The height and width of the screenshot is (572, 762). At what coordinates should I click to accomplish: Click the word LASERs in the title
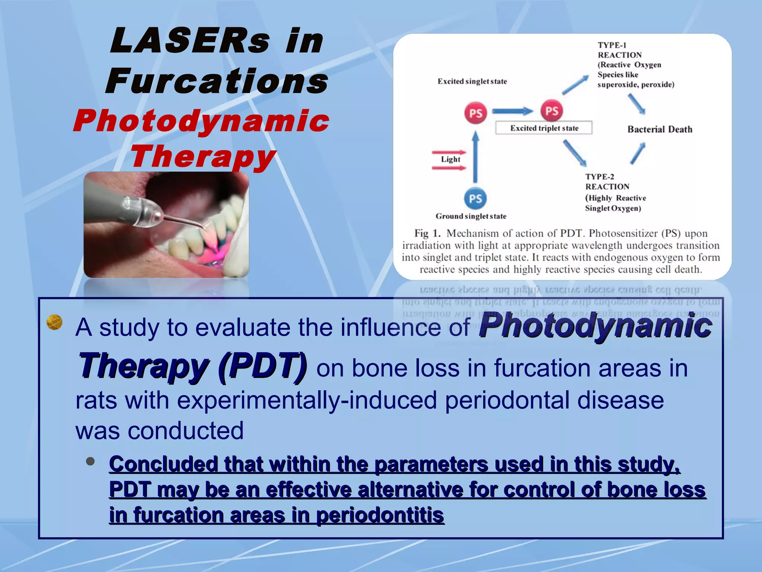click(x=190, y=41)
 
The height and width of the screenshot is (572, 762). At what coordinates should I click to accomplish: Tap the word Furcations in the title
click(x=217, y=81)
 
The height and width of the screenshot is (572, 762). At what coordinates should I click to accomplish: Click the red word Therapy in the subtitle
click(x=203, y=156)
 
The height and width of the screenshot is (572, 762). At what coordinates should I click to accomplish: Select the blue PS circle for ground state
click(x=475, y=198)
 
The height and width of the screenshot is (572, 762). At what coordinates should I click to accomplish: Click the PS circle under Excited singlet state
click(x=476, y=113)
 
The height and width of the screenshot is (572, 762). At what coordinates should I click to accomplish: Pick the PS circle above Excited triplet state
click(x=552, y=111)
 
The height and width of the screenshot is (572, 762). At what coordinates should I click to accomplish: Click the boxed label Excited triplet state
click(x=544, y=128)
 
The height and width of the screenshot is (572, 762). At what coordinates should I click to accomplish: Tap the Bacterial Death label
click(x=660, y=129)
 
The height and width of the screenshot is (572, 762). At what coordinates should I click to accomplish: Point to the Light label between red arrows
click(x=450, y=159)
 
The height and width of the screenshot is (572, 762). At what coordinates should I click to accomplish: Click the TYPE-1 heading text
click(x=612, y=45)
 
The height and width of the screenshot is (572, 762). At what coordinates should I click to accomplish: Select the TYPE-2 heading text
click(x=599, y=177)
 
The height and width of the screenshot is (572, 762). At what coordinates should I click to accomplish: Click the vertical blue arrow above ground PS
click(x=475, y=156)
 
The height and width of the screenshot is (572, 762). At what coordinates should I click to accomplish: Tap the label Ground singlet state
click(x=471, y=216)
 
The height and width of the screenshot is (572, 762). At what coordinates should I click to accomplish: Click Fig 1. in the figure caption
click(x=427, y=233)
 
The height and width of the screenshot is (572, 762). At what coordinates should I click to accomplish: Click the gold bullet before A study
click(x=54, y=322)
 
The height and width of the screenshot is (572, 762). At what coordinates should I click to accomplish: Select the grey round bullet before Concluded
click(x=90, y=461)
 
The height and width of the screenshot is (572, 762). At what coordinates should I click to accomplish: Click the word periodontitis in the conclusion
click(x=380, y=515)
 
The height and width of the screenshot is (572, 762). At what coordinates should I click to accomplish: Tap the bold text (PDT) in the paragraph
click(x=263, y=366)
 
